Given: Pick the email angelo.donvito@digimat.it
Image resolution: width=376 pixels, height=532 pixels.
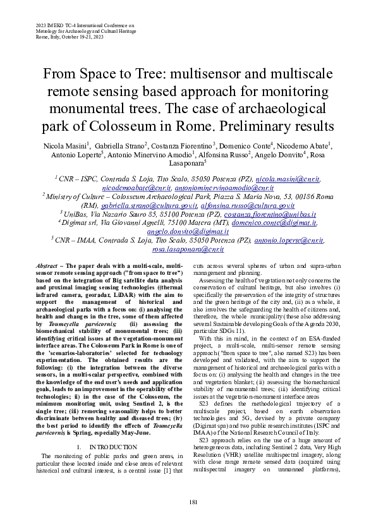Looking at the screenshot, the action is pos(188,232).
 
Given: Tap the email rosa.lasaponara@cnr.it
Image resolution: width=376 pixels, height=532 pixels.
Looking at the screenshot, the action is pos(188,250).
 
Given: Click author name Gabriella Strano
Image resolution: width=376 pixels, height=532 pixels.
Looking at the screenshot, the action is pos(123,147).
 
